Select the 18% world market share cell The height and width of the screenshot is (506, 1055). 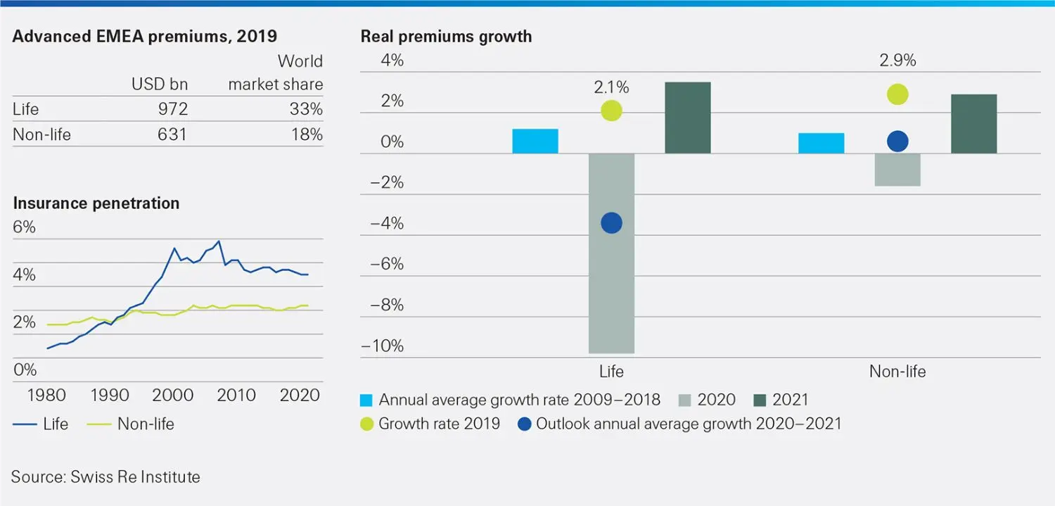coord(307,134)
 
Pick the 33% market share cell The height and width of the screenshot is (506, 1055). coord(307,109)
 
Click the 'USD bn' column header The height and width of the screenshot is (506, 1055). coord(160,84)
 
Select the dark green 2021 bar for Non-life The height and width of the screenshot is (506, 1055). coord(973,124)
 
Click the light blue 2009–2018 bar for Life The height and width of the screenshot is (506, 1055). coord(535,141)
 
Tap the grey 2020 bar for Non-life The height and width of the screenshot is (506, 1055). coord(897,170)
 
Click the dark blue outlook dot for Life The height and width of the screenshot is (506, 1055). coord(611,223)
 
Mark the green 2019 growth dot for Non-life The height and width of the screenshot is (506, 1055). coord(897,94)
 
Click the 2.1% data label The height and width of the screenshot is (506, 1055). coord(611,88)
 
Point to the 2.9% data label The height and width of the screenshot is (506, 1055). coord(897,61)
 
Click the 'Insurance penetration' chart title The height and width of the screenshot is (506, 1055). coord(96,203)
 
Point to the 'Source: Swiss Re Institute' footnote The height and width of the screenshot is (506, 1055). coord(105,476)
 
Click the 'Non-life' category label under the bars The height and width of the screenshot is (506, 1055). coord(897,372)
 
